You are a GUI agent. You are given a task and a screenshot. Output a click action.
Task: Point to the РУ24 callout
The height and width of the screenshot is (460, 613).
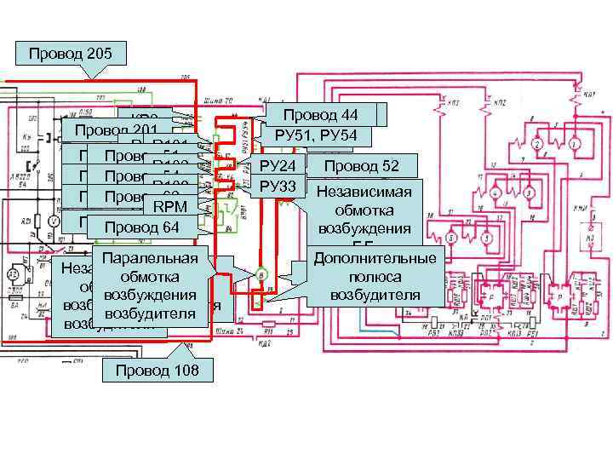(277, 165)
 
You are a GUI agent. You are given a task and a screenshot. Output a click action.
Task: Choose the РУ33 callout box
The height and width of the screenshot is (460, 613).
(278, 186)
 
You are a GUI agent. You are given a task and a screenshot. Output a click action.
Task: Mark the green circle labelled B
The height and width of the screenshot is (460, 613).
(262, 274)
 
